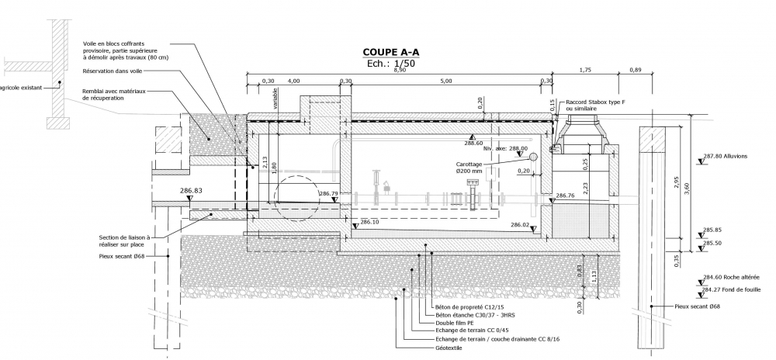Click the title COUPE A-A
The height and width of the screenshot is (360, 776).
pos(391,53)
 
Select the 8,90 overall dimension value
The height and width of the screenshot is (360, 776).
pos(400,71)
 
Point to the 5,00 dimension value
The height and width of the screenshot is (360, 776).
pos(445,81)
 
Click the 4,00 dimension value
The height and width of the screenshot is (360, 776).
pos(293,81)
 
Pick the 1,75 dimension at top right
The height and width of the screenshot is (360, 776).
pos(586,71)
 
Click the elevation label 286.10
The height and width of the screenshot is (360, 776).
pos(370,223)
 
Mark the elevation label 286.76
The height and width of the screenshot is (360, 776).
pos(566,196)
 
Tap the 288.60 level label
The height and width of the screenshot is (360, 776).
pos(473,144)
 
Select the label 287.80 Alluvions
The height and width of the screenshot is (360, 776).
pos(725,157)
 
